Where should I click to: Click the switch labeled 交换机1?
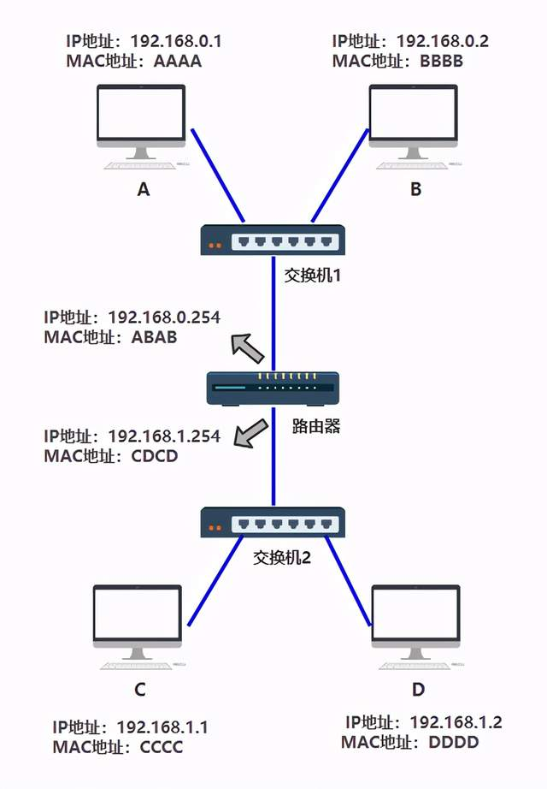click(x=273, y=240)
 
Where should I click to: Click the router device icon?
click(x=273, y=389)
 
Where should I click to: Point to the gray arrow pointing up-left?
click(x=248, y=347)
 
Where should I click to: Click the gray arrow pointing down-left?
click(x=250, y=434)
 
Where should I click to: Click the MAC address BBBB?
click(x=443, y=61)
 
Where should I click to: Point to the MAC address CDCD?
click(x=154, y=456)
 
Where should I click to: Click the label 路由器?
click(x=317, y=426)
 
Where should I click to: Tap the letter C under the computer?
click(x=140, y=690)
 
